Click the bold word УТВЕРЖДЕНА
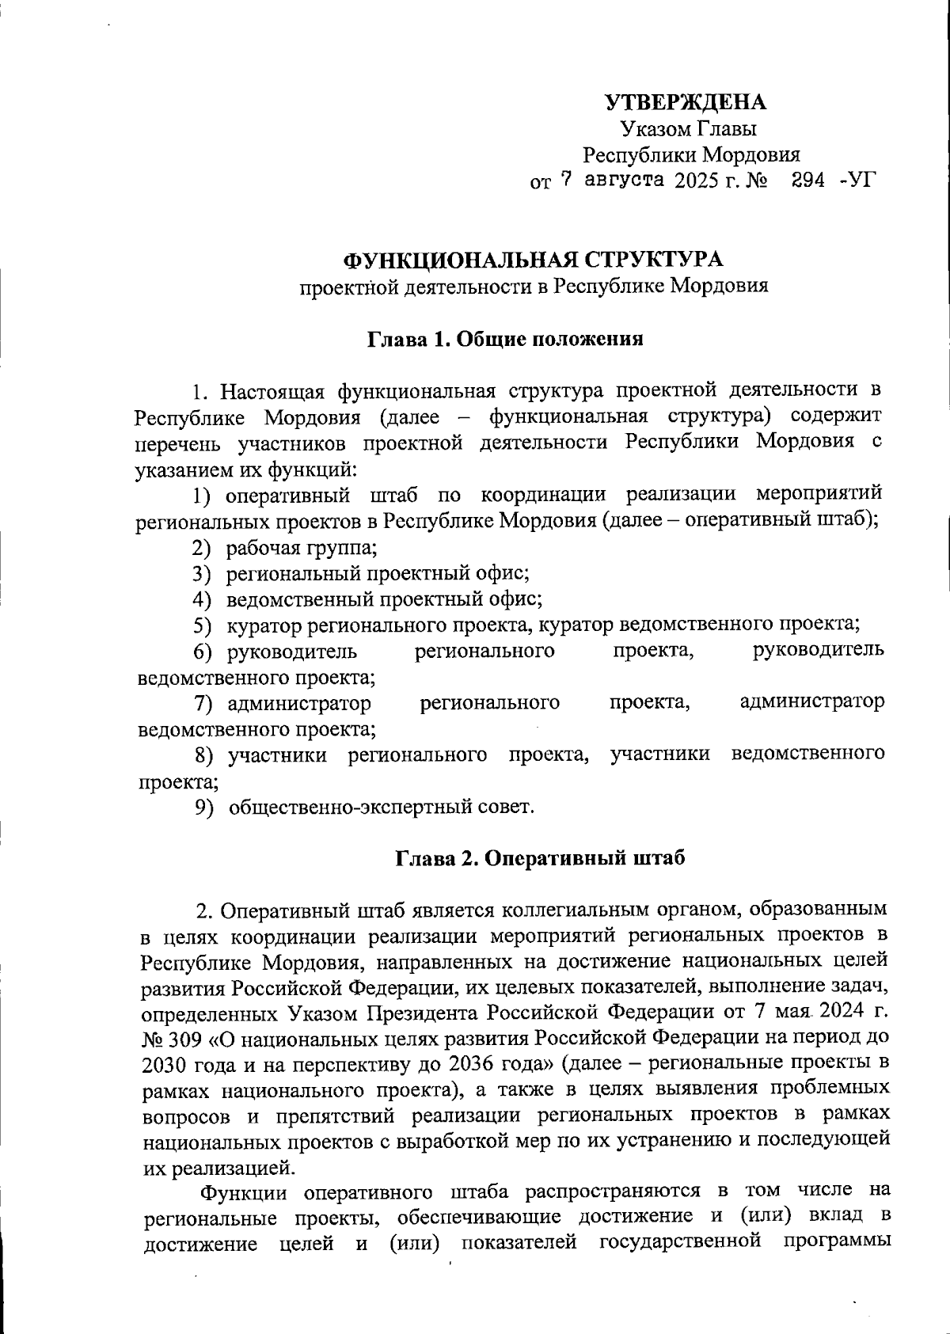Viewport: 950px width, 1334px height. [686, 102]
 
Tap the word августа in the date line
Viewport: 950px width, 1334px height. [624, 180]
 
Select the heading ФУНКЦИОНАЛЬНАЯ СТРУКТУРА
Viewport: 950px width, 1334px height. [533, 260]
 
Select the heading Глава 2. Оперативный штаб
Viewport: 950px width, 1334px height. [541, 858]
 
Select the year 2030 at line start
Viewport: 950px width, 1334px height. [164, 1062]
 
